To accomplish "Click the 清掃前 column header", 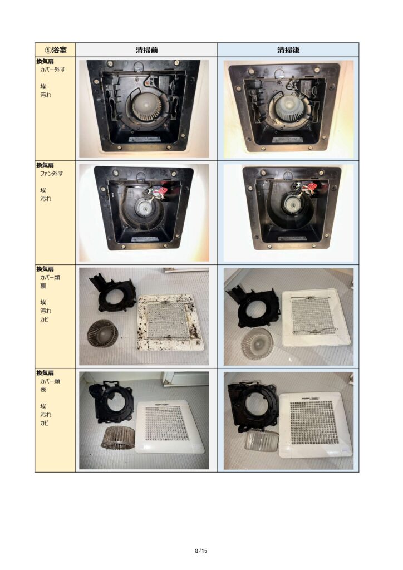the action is click(x=147, y=50).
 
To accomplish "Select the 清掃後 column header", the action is click(x=288, y=50).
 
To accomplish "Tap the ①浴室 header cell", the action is click(x=55, y=50).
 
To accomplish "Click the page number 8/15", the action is click(x=201, y=551).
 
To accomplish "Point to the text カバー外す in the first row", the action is click(x=53, y=70).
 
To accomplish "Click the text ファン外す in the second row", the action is click(x=51, y=174).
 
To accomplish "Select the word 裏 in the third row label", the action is click(x=43, y=286).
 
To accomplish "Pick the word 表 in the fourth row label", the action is click(x=43, y=389).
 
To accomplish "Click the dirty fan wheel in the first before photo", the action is click(x=146, y=107).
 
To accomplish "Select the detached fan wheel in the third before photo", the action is click(x=102, y=333).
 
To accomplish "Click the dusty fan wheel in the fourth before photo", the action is click(x=117, y=438).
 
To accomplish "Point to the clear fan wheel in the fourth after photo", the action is click(x=261, y=441).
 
